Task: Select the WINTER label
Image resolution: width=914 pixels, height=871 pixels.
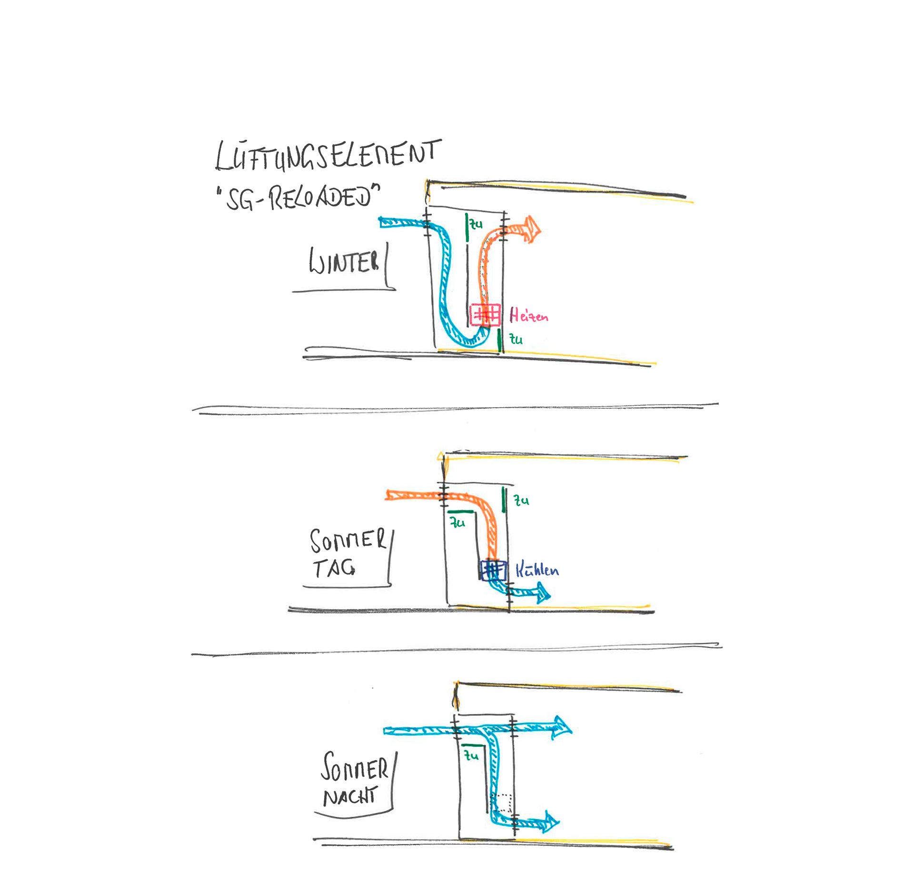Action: [x=344, y=262]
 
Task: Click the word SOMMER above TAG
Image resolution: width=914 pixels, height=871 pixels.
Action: [x=348, y=540]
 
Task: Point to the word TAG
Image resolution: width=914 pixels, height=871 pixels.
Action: [x=334, y=568]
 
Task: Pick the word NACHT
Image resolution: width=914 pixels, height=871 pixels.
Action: [x=350, y=796]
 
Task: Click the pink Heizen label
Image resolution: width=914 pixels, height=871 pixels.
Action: [x=529, y=315]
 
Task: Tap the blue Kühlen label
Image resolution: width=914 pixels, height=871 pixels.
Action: [x=537, y=570]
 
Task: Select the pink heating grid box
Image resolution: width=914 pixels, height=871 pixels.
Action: [x=485, y=315]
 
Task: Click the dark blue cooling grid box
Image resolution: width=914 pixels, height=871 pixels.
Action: [x=493, y=570]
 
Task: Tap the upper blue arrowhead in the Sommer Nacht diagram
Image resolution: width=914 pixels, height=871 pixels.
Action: [x=562, y=727]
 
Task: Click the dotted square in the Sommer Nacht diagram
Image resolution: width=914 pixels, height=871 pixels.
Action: [x=502, y=803]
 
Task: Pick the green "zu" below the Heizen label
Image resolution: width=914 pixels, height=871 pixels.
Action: [x=516, y=340]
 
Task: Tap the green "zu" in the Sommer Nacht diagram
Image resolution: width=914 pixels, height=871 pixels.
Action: [x=472, y=755]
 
